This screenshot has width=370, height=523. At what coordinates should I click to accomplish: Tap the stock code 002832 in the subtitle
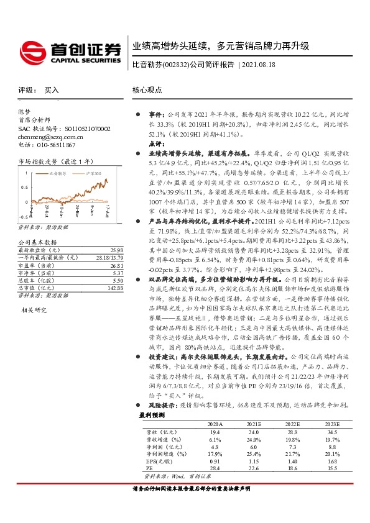click(175, 65)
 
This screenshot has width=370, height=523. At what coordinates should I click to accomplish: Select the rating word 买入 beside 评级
click(52, 90)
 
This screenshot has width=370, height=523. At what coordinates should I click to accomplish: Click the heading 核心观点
click(147, 90)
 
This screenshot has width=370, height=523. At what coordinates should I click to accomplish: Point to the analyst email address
click(45, 136)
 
